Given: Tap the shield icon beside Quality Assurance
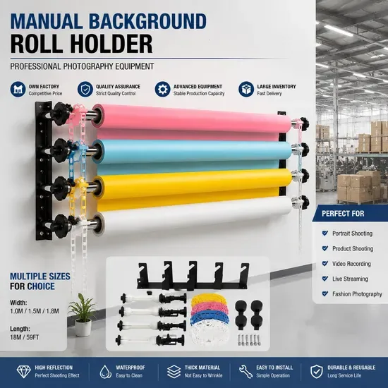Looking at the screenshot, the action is pyautogui.click(x=85, y=89).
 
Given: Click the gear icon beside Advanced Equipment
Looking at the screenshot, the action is pyautogui.click(x=162, y=89).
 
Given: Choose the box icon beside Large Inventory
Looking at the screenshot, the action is pyautogui.click(x=246, y=89).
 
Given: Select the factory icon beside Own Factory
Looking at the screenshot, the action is pyautogui.click(x=18, y=89).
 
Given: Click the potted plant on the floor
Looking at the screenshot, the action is pyautogui.click(x=83, y=315).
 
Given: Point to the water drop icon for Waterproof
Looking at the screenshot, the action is pyautogui.click(x=105, y=372).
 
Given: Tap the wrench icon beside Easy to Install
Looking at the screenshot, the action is pyautogui.click(x=245, y=372).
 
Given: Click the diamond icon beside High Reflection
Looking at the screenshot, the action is pyautogui.click(x=23, y=372).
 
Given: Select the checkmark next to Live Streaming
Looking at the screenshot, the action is pyautogui.click(x=325, y=279).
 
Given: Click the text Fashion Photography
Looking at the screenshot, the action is pyautogui.click(x=357, y=294).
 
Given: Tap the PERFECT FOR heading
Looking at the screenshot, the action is pyautogui.click(x=343, y=214).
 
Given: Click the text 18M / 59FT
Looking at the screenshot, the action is pyautogui.click(x=25, y=337).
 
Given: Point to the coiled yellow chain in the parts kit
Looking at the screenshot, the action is pyautogui.click(x=209, y=300).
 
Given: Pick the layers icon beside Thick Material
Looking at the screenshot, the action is pyautogui.click(x=174, y=372).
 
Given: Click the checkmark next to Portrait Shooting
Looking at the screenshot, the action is pyautogui.click(x=325, y=233).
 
